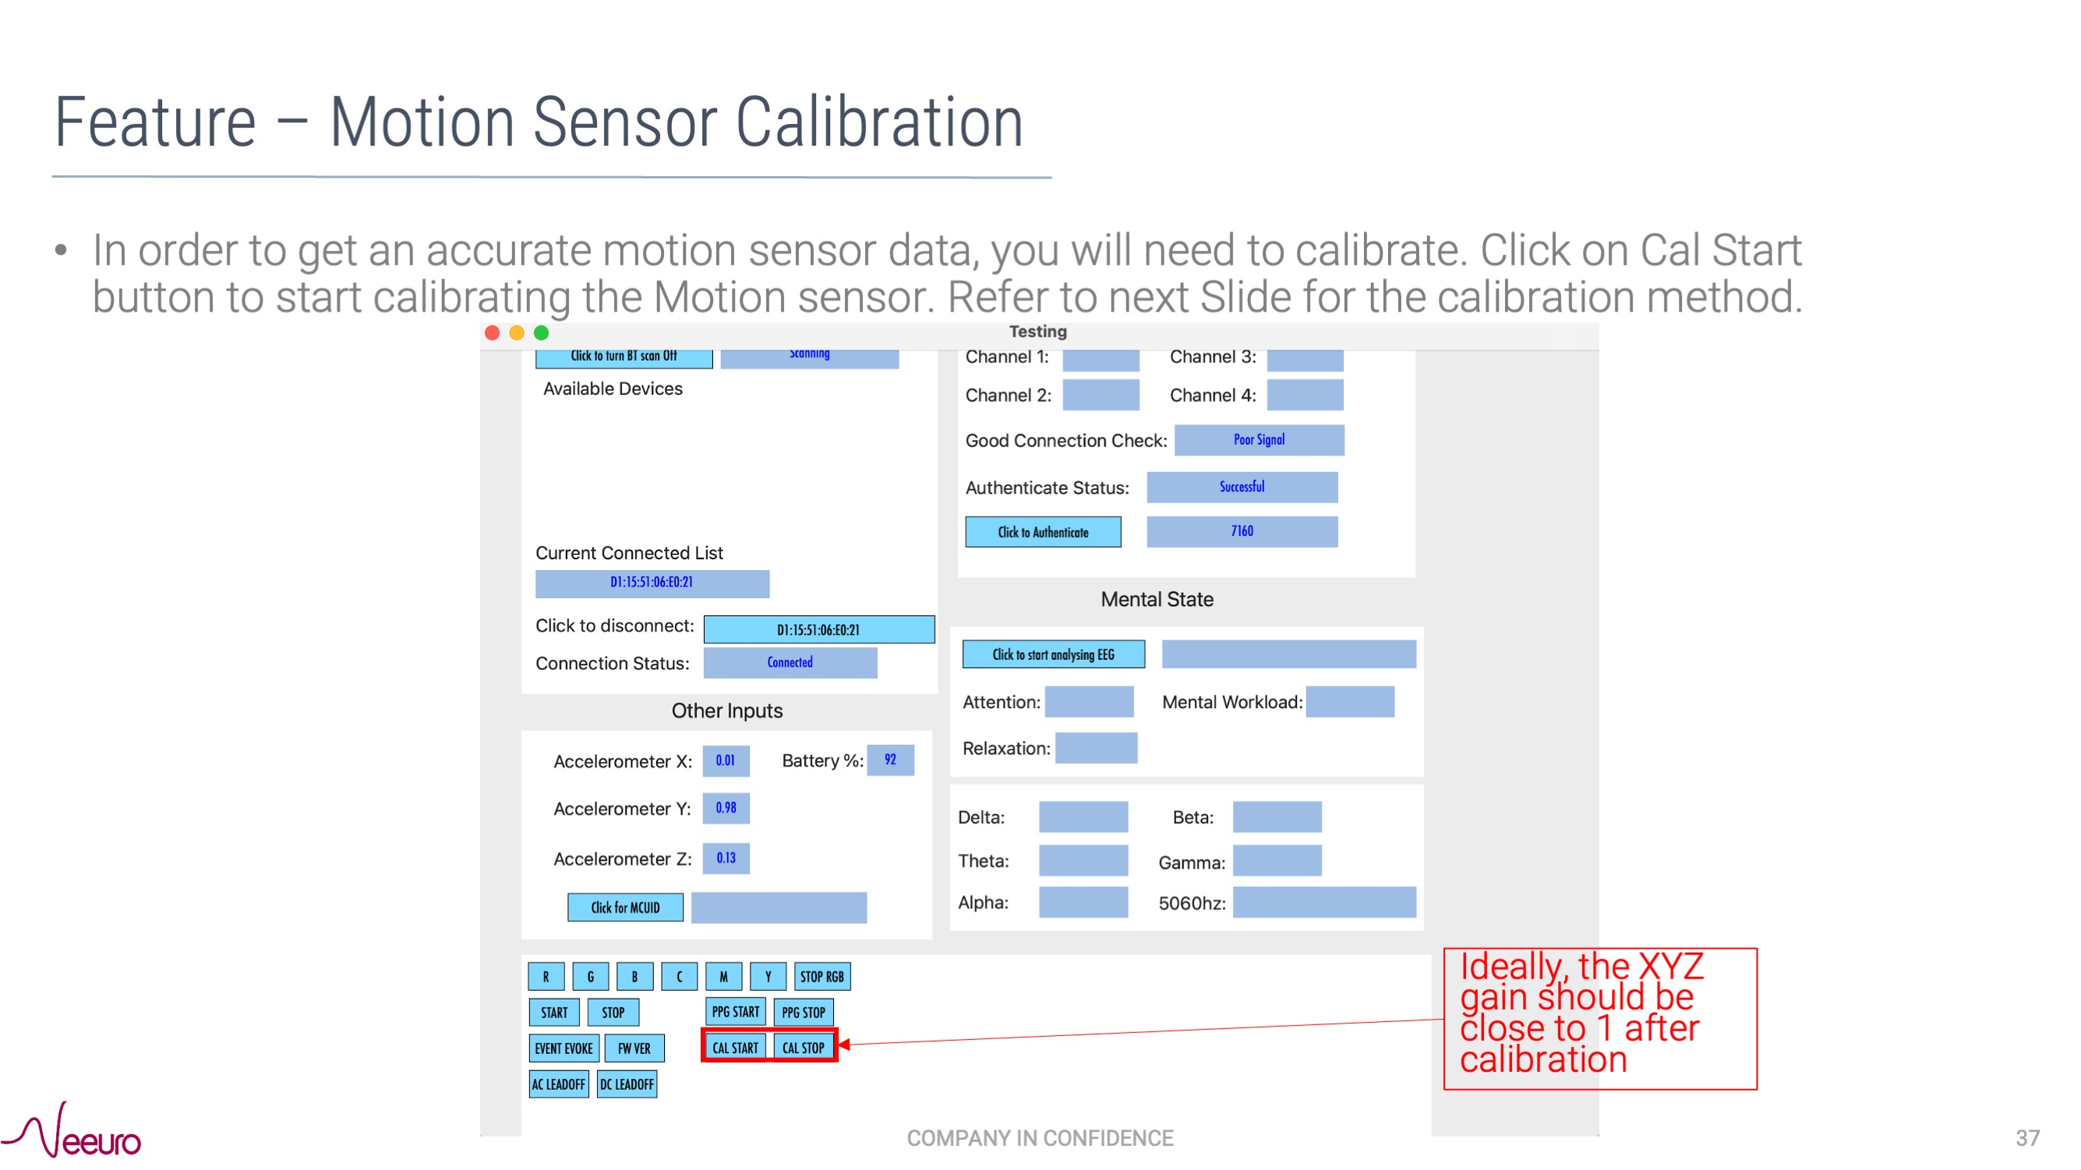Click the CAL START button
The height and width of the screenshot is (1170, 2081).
(734, 1047)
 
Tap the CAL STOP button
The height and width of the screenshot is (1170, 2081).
(803, 1047)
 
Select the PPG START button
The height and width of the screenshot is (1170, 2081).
(734, 1012)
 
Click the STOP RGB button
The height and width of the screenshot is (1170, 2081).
(821, 976)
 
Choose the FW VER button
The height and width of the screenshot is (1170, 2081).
(634, 1048)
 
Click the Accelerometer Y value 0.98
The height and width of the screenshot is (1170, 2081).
(726, 808)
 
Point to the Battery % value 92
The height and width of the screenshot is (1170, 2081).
(889, 759)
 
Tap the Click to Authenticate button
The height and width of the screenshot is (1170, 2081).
(1042, 532)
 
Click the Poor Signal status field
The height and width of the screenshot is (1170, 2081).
(1259, 440)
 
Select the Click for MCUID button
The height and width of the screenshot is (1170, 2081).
(624, 907)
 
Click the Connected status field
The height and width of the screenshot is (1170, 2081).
(790, 662)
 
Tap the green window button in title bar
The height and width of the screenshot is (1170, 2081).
(541, 333)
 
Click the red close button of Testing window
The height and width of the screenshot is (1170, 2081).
(492, 333)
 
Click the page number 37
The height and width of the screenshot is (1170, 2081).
(2027, 1138)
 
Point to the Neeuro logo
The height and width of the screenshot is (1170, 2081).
(72, 1131)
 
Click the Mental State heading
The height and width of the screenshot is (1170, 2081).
(1156, 599)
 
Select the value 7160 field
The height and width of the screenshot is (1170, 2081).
(1242, 531)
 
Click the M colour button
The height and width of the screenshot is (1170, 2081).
(723, 976)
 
